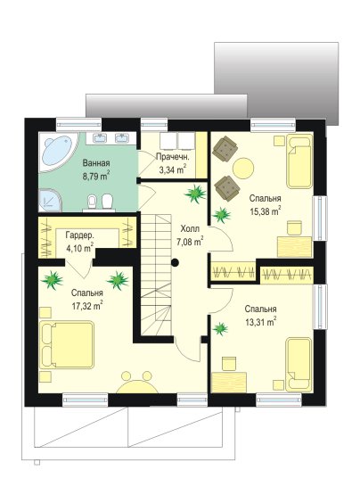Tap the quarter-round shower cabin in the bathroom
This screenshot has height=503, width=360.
[49, 200]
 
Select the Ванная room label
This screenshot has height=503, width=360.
[96, 162]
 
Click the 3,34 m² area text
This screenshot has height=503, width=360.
[173, 169]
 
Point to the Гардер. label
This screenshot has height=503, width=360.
[80, 235]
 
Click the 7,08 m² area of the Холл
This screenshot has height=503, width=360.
[190, 242]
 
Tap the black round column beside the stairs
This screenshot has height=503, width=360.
[175, 263]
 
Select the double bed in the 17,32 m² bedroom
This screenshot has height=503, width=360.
[67, 344]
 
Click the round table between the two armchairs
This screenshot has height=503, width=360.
[243, 168]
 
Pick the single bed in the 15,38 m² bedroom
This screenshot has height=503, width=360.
[299, 161]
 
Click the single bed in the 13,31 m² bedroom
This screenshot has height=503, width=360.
[299, 365]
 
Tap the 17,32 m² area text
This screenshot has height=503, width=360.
[87, 305]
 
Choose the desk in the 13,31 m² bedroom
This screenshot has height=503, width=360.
[229, 382]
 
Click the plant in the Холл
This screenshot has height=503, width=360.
[195, 194]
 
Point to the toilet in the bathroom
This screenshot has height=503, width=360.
[108, 202]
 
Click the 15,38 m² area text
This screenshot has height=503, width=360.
[266, 211]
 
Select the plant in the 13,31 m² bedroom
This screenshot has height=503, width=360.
[220, 328]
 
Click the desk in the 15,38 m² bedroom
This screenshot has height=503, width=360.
[294, 247]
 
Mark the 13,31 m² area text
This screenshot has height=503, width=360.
[260, 322]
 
